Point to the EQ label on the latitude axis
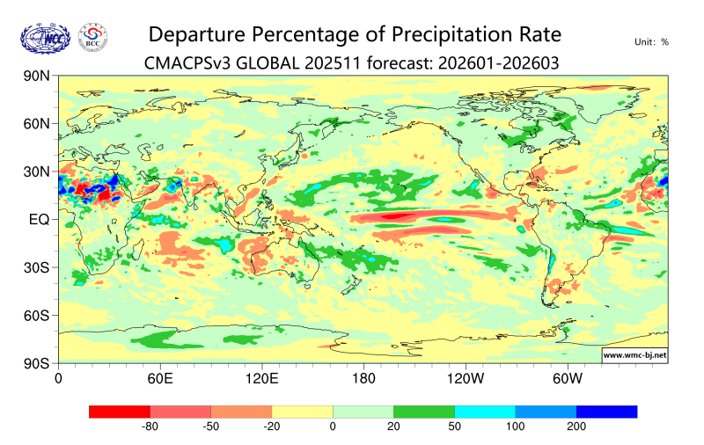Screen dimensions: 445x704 (39, 219)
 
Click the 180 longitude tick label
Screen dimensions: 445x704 (363, 379)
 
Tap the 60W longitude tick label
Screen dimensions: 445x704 (567, 379)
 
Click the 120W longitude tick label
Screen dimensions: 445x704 (465, 379)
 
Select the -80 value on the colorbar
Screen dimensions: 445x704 (150, 427)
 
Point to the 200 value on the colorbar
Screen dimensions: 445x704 (576, 427)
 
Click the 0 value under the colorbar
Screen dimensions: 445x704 (333, 427)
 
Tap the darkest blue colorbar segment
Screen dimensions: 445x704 (606, 412)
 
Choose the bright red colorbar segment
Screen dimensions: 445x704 (120, 412)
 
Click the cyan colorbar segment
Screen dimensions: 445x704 (485, 412)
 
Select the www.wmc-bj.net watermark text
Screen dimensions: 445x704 (634, 355)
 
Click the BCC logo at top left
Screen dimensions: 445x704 (93, 36)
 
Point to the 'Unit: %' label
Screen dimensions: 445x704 (651, 41)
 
